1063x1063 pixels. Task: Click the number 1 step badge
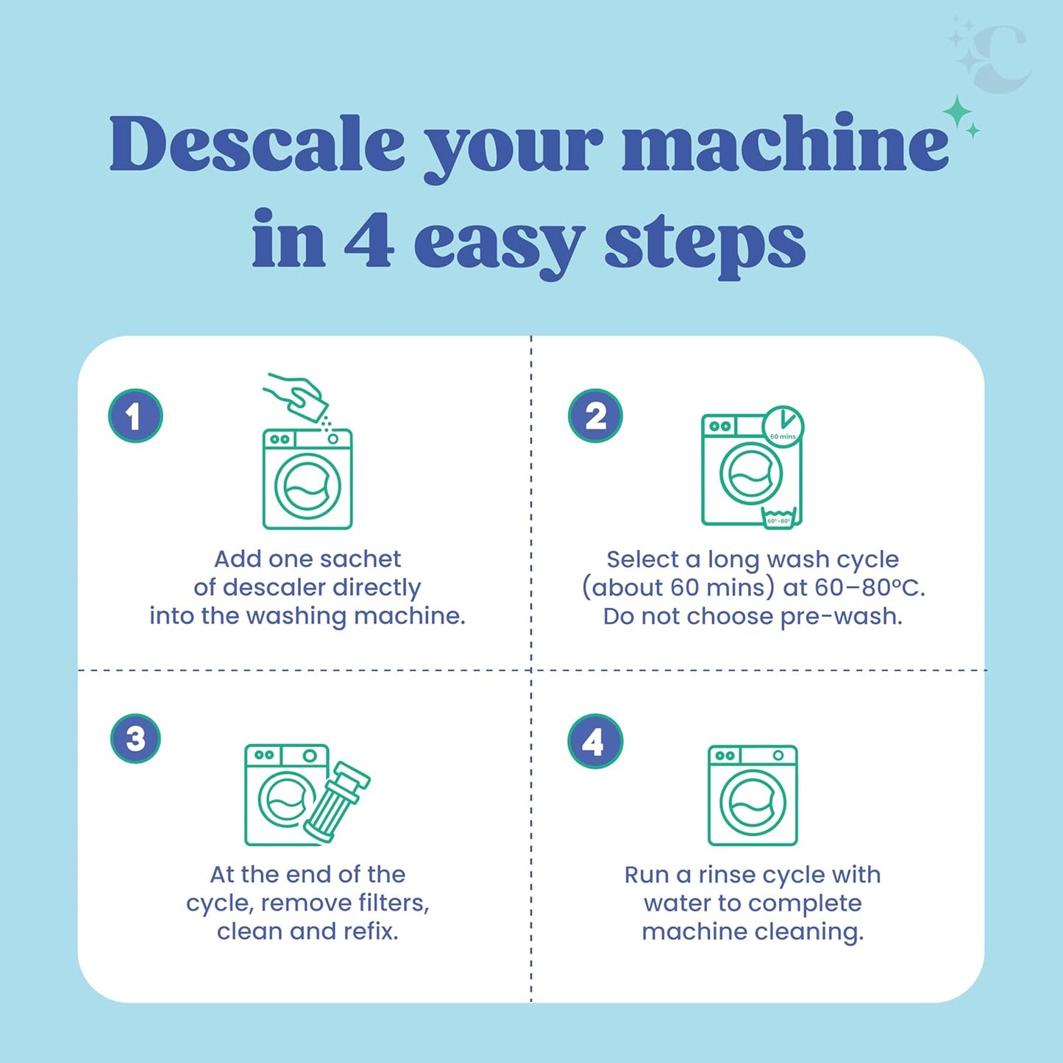click(x=135, y=416)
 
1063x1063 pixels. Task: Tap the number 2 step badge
click(x=595, y=416)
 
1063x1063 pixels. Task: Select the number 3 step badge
click(x=135, y=739)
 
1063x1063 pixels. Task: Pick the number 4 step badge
click(x=595, y=741)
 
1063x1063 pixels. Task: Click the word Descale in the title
click(x=257, y=143)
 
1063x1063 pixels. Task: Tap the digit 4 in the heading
click(x=369, y=240)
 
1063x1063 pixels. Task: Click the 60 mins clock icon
click(x=783, y=426)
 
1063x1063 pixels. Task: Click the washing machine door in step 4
click(x=753, y=803)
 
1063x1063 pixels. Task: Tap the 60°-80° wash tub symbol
click(x=778, y=518)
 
